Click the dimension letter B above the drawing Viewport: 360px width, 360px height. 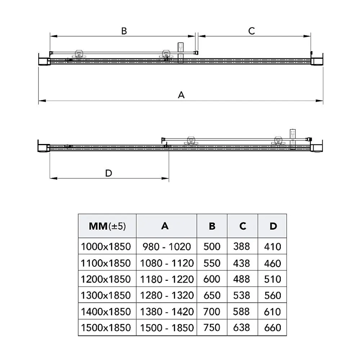click(x=124, y=31)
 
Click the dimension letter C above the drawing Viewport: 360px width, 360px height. click(x=252, y=31)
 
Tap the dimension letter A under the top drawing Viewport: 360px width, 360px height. click(x=181, y=95)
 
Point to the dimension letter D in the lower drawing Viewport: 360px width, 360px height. click(x=109, y=173)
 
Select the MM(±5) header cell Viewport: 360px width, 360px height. click(x=107, y=226)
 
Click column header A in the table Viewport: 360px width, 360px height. click(x=165, y=226)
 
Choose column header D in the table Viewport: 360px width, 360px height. click(x=273, y=226)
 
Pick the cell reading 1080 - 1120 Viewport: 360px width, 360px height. click(x=167, y=263)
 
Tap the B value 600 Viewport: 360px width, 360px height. click(x=212, y=279)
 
